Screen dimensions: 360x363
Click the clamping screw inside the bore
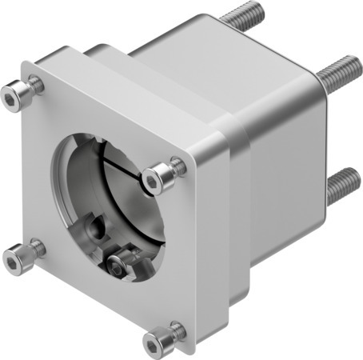[x=120, y=263]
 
